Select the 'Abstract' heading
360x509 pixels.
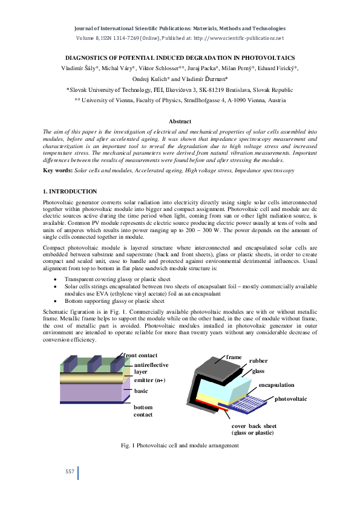(180, 122)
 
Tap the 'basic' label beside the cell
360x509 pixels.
(141, 391)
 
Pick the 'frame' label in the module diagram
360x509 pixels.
(234, 358)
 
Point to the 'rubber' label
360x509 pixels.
(259, 361)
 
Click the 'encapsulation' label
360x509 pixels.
(277, 384)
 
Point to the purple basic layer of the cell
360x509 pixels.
(91, 393)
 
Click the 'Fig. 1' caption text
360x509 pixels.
(180, 446)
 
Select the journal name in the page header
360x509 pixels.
(180, 28)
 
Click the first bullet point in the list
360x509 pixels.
(56, 280)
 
